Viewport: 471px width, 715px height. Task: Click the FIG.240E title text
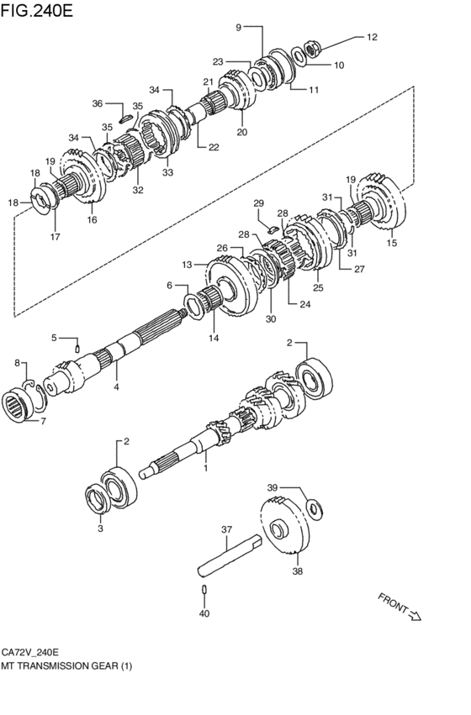point(36,10)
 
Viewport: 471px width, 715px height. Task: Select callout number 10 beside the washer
point(339,66)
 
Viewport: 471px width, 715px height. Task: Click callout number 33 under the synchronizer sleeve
point(167,172)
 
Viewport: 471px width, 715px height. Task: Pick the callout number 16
point(93,220)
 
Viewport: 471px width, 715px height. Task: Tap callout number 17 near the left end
point(56,237)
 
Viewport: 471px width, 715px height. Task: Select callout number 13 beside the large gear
point(187,265)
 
